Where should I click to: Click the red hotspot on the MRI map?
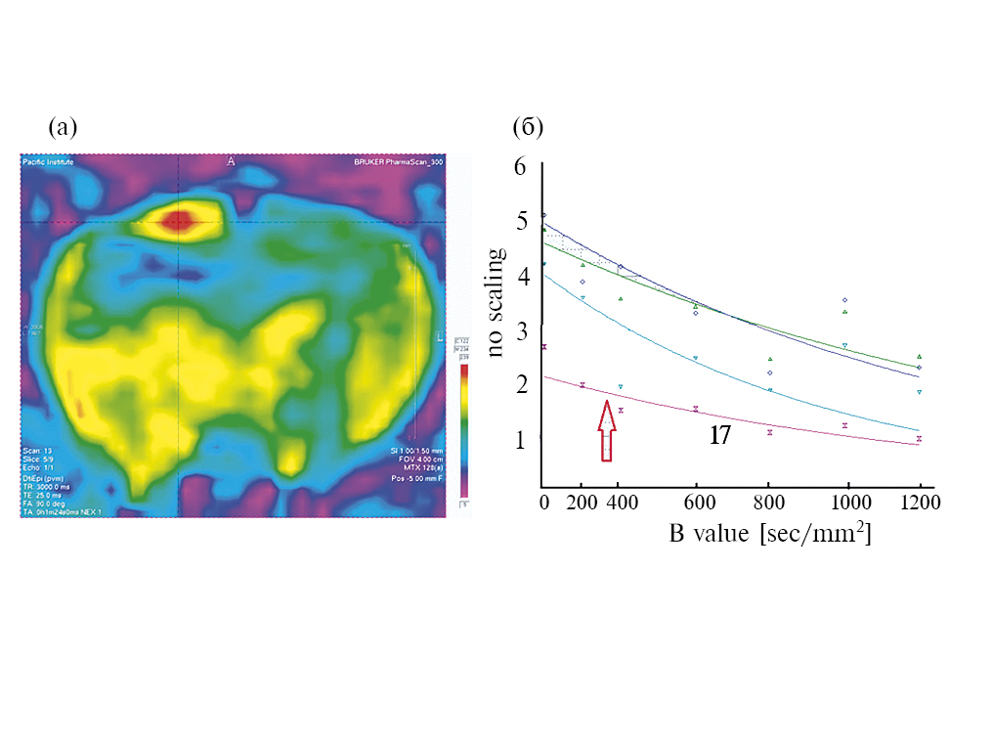pos(177,219)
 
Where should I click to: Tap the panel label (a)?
pos(63,127)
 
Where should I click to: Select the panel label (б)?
pos(528,127)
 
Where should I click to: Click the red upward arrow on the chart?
pos(607,430)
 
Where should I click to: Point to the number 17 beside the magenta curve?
pos(719,436)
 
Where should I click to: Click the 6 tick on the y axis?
pos(520,167)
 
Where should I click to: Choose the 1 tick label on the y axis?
pos(520,438)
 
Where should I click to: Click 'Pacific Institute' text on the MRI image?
pos(48,161)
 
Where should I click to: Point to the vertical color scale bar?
pos(464,430)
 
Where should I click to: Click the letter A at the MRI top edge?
pos(232,160)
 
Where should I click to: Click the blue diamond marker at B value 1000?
pos(844,300)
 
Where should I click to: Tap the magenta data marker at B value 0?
pos(543,347)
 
